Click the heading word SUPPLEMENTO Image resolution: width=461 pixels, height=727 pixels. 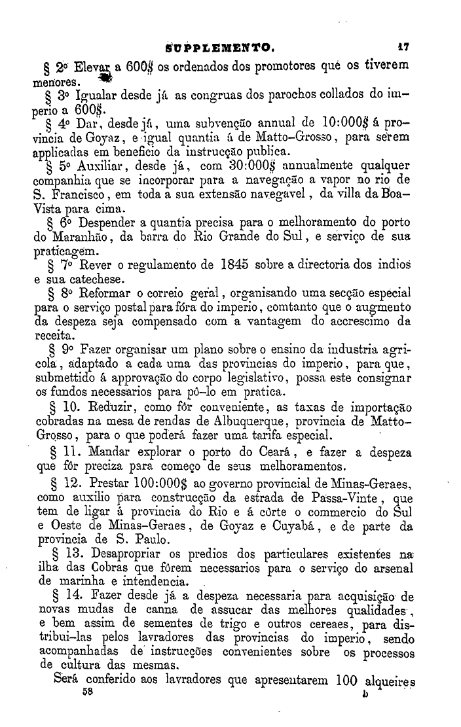pos(219,47)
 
